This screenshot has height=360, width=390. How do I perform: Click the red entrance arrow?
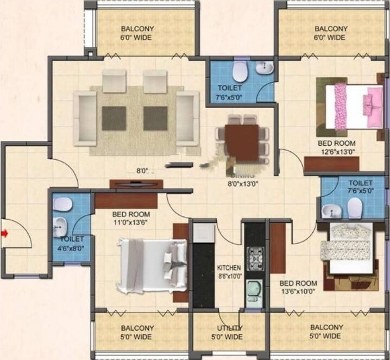(5, 234)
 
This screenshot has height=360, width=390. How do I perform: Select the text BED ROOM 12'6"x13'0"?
(338, 148)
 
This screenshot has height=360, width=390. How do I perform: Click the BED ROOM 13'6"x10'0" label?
(298, 287)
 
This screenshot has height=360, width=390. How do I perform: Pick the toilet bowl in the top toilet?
(239, 71)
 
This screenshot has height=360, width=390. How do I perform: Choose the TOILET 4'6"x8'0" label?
(72, 243)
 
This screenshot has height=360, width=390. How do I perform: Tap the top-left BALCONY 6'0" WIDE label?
(136, 33)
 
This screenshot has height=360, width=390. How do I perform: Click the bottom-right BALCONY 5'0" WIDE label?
(326, 332)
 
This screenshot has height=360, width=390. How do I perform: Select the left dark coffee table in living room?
(114, 117)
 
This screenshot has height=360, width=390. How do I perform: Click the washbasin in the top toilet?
(265, 67)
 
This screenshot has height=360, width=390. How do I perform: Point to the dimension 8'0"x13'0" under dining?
(242, 184)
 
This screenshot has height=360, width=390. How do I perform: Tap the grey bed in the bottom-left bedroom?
(152, 266)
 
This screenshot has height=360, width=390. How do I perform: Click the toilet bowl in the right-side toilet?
(355, 207)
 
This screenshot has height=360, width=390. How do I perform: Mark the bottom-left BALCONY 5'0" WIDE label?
(137, 332)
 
